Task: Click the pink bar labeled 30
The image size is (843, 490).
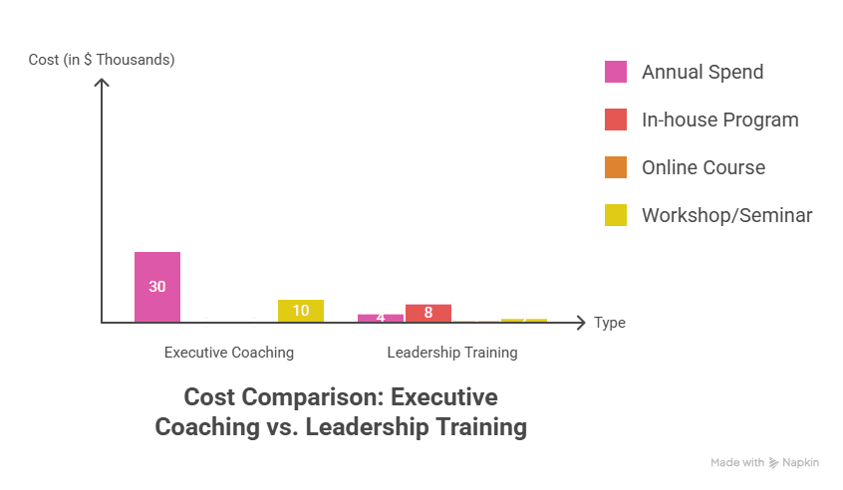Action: pyautogui.click(x=157, y=286)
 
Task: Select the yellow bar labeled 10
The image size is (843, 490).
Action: pyautogui.click(x=301, y=310)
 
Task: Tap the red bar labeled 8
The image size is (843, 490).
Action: pyautogui.click(x=428, y=312)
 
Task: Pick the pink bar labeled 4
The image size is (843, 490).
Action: pyautogui.click(x=381, y=317)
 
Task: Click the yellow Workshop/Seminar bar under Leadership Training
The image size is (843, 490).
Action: pyautogui.click(x=524, y=319)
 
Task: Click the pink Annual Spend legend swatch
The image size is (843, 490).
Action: pyautogui.click(x=616, y=72)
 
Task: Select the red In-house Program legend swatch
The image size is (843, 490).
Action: pyautogui.click(x=616, y=120)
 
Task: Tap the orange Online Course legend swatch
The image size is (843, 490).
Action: pyautogui.click(x=616, y=167)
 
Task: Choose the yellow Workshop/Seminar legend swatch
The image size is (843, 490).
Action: pyautogui.click(x=616, y=215)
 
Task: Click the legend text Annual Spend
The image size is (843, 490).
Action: pyautogui.click(x=702, y=72)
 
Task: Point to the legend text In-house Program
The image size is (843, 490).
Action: pyautogui.click(x=719, y=120)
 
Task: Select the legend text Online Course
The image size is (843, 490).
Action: pyautogui.click(x=703, y=167)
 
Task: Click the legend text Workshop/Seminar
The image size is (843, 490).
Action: pyautogui.click(x=726, y=215)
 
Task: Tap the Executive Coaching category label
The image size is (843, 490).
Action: pyautogui.click(x=229, y=353)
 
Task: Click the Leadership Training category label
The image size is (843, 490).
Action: pyautogui.click(x=452, y=353)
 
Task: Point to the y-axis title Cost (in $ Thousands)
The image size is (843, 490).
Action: pyautogui.click(x=102, y=60)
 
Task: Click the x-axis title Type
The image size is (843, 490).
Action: pyautogui.click(x=610, y=323)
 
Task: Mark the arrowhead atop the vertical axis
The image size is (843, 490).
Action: pyautogui.click(x=102, y=83)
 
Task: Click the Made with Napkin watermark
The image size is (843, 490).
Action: pyautogui.click(x=765, y=462)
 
